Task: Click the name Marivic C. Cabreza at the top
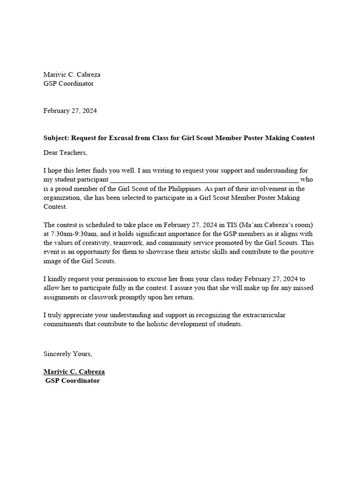click(72, 75)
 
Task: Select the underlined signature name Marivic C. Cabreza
click(74, 372)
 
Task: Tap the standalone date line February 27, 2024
click(70, 111)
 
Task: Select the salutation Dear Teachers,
click(66, 152)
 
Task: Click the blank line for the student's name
click(204, 180)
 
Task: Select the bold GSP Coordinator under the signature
click(73, 381)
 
